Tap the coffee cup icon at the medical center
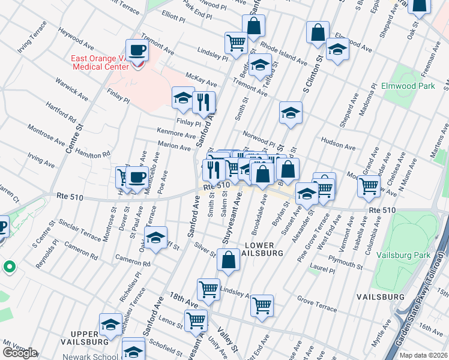(137, 50)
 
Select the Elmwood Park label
(408, 86)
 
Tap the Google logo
(20, 352)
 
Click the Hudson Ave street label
(338, 145)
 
